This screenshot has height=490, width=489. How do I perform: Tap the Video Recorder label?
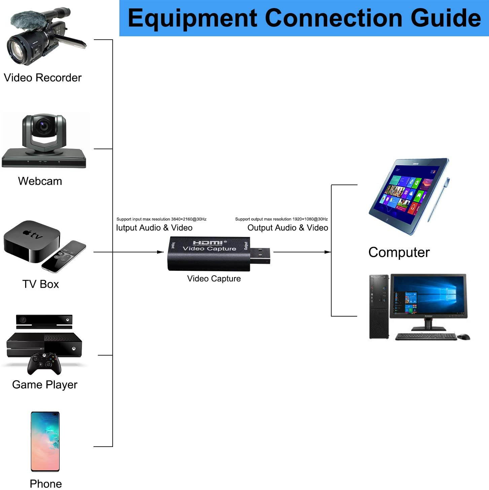pyautogui.click(x=43, y=78)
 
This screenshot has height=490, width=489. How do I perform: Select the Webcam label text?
pyautogui.click(x=40, y=181)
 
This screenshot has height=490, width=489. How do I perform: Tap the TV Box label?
pyautogui.click(x=41, y=284)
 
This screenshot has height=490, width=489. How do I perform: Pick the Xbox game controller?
pyautogui.click(x=44, y=363)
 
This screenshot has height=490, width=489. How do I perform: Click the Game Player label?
pyautogui.click(x=45, y=384)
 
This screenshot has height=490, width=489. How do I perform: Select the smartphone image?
pyautogui.click(x=45, y=441)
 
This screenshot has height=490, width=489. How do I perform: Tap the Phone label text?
pyautogui.click(x=46, y=484)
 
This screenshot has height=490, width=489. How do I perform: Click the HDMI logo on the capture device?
pyautogui.click(x=208, y=242)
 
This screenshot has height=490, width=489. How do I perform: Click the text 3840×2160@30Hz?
pyautogui.click(x=189, y=219)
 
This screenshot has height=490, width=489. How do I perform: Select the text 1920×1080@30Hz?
pyautogui.click(x=310, y=219)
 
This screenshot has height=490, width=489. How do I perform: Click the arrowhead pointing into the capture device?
pyautogui.click(x=160, y=252)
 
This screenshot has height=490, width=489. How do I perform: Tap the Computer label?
pyautogui.click(x=399, y=252)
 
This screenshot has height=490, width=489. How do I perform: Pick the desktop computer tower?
pyautogui.click(x=379, y=306)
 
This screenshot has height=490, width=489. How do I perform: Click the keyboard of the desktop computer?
pyautogui.click(x=425, y=336)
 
